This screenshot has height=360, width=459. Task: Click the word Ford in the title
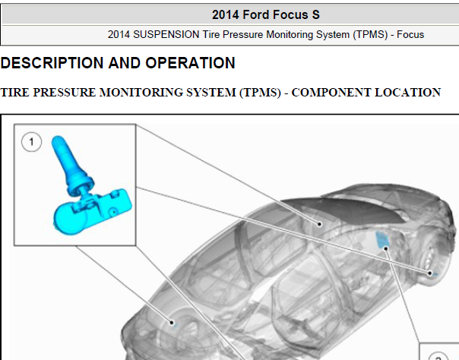pos(255,14)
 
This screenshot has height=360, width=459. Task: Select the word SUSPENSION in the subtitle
pos(166,34)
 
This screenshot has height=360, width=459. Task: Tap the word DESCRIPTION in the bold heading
pos(52,62)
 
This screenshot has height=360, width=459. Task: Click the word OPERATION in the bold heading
pos(190,62)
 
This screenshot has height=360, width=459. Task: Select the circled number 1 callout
pos(31,142)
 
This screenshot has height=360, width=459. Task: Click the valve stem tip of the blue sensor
pos(57,140)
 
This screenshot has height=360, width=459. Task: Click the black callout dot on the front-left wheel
pos(172,322)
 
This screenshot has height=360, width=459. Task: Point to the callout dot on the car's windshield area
pos(319,224)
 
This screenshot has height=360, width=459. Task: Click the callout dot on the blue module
pos(386,248)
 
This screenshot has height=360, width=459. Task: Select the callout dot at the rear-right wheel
pos(429,273)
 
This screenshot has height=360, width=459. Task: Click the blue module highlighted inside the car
pos(381,239)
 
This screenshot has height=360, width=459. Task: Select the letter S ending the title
pos(315,14)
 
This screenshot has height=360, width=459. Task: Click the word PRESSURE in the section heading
pos(64,93)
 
